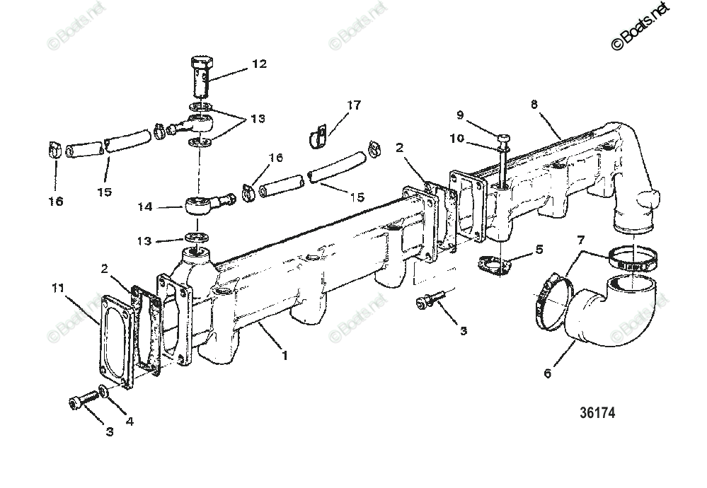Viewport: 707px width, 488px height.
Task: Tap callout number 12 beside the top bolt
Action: pos(258,64)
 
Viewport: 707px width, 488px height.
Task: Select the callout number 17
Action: pos(353,105)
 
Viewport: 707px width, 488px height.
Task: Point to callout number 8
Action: pos(534,104)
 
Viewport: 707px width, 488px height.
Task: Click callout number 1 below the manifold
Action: pos(284,355)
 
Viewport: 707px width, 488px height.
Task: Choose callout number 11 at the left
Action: pos(57,288)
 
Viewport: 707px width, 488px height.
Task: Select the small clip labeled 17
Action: pos(317,134)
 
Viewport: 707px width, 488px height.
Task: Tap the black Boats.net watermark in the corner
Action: pos(640,26)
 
